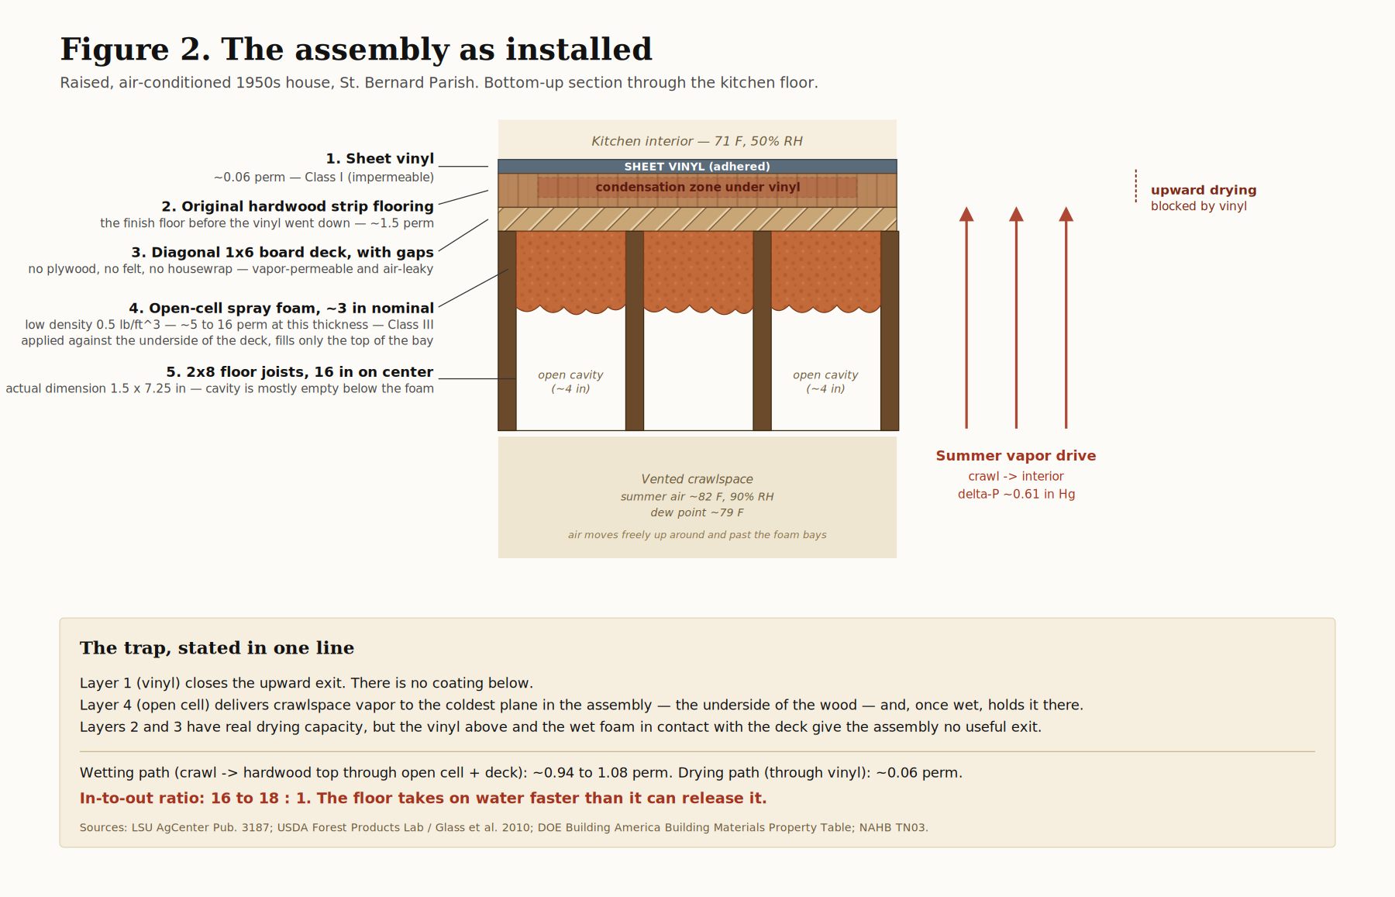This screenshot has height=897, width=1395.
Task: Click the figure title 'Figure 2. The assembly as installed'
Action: pos(356,50)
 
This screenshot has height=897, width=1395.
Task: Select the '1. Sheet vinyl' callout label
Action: pos(380,159)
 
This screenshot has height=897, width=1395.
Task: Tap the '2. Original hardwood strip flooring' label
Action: pos(298,206)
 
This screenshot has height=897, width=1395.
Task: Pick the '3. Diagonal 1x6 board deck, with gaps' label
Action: pos(282,253)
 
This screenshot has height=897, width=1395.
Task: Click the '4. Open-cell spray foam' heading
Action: pos(281,309)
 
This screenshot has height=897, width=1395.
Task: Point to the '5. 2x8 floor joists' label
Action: pos(300,372)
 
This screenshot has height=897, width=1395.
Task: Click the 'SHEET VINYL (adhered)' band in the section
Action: pos(697,167)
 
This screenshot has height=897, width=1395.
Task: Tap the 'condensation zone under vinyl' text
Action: pos(697,187)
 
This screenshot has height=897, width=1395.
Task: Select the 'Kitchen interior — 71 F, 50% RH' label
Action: pos(697,141)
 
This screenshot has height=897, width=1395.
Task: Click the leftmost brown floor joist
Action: pos(507,330)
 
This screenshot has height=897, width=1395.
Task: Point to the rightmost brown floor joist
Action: pos(890,330)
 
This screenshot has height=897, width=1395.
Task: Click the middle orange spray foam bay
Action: pos(698,271)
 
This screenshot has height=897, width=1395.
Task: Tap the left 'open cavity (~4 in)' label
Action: pos(570,381)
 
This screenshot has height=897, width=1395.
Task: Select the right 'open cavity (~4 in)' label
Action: pos(825,381)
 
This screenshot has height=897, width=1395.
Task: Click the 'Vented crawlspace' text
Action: pos(697,479)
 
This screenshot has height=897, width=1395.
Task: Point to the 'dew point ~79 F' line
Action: pos(697,512)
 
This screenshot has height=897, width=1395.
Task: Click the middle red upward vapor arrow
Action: pos(1016,318)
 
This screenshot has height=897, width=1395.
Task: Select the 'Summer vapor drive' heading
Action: pos(1016,456)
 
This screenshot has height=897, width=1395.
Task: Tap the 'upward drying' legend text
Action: pos(1204,190)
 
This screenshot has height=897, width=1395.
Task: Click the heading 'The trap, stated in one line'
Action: pos(217,648)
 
